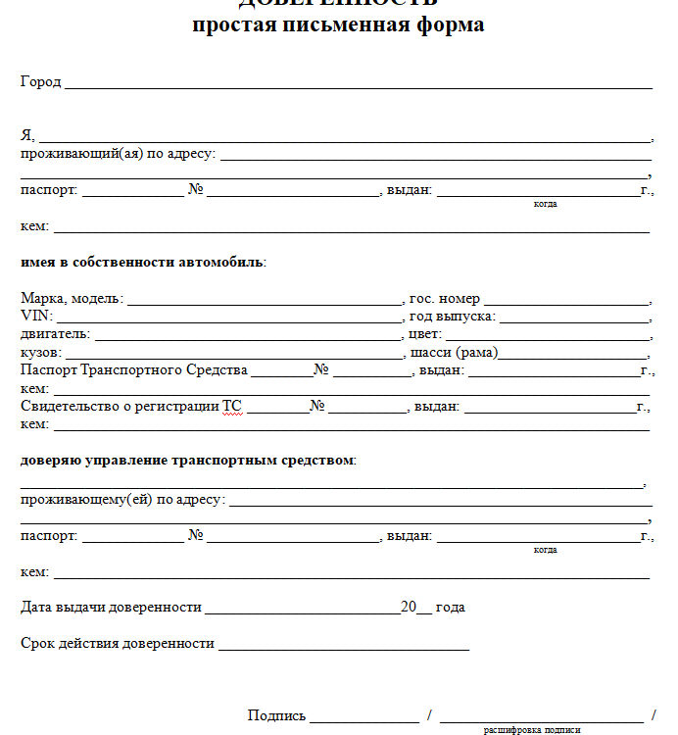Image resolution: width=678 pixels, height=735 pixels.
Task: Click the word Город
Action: tap(40, 82)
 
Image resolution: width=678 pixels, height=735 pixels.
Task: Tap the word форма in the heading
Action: tap(445, 24)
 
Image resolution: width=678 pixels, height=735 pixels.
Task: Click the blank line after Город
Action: tap(358, 86)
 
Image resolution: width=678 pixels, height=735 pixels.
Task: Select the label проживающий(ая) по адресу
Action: tap(118, 154)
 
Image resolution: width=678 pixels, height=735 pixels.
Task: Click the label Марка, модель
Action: tap(72, 299)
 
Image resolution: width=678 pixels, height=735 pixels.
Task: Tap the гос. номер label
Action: tap(445, 299)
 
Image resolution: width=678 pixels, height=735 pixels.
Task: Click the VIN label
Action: tap(36, 317)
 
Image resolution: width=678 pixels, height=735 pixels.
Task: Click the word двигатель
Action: tap(55, 334)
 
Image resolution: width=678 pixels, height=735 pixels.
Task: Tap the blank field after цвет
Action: tap(548, 338)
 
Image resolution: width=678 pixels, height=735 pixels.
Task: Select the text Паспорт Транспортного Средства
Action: tap(133, 369)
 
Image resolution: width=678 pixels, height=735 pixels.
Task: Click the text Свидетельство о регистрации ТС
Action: tap(131, 406)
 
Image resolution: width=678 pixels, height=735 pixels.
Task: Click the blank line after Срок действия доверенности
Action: tap(344, 648)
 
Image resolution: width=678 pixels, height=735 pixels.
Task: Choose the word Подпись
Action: tap(276, 716)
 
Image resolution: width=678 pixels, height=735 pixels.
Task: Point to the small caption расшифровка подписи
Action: tap(532, 730)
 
